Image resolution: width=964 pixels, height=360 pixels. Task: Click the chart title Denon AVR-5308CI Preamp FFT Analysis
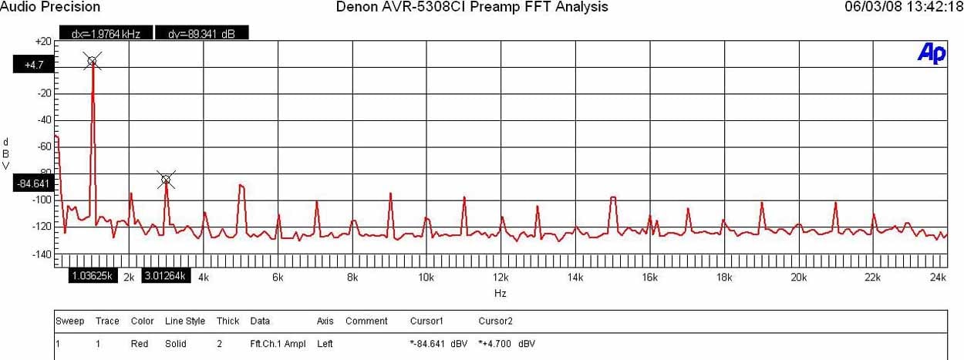(x=472, y=7)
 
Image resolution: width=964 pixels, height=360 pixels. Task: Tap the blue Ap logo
(x=931, y=52)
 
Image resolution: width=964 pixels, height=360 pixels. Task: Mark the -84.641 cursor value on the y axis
(x=32, y=183)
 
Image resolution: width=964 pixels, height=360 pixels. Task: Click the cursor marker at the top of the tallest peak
(x=92, y=61)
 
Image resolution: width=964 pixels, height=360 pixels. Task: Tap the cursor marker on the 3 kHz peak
(x=166, y=180)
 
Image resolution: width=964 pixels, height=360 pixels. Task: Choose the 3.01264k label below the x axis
(x=166, y=276)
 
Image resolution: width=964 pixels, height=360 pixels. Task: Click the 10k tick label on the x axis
(x=426, y=277)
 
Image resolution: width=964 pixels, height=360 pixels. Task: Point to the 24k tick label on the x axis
(x=938, y=277)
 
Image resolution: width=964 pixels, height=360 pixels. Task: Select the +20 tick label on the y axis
(x=43, y=41)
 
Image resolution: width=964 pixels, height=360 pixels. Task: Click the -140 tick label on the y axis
(x=42, y=254)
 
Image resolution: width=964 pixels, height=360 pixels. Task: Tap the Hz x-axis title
(x=501, y=293)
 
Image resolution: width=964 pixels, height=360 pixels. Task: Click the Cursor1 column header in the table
(x=426, y=321)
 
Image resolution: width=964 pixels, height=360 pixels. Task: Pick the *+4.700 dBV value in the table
(x=507, y=343)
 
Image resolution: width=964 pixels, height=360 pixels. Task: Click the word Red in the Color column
(x=140, y=343)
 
